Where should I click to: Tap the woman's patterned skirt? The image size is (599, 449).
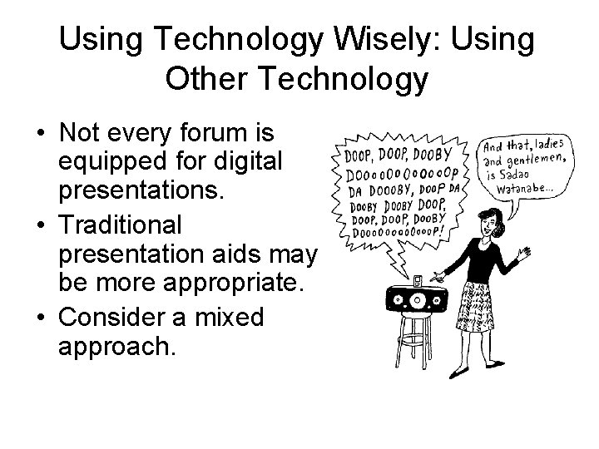point(478,307)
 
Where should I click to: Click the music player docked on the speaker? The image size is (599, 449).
point(416,281)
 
